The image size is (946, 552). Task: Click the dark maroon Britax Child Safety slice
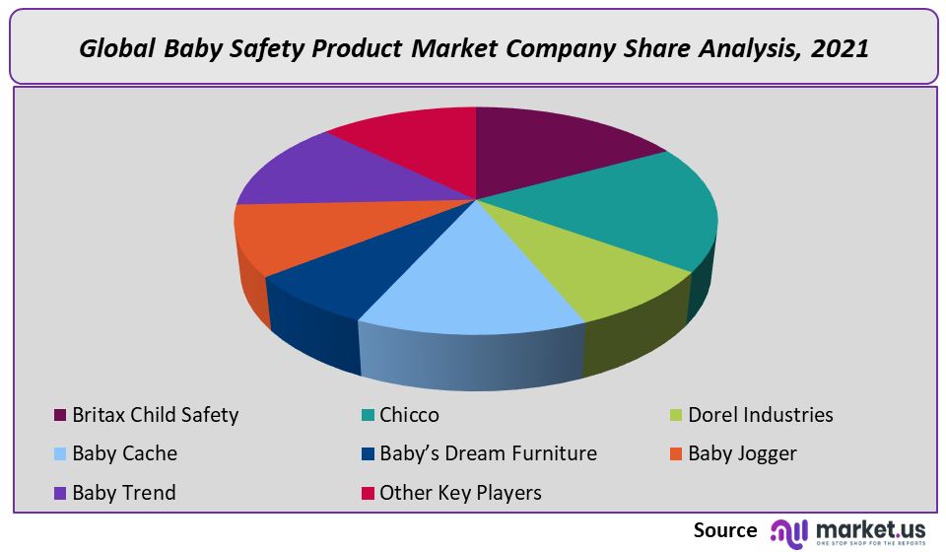point(552,148)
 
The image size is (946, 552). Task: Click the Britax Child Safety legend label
point(155,415)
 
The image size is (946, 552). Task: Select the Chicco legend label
point(409,415)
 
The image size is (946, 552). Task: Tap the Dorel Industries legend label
point(760,415)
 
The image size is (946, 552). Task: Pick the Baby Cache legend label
point(124,453)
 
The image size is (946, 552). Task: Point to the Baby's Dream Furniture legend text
point(488,453)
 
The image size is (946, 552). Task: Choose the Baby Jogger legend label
point(742,453)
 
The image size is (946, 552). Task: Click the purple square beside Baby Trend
point(59,492)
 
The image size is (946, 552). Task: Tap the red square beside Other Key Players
point(367,492)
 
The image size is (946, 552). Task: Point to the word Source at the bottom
point(725,530)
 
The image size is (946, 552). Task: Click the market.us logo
point(847,531)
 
